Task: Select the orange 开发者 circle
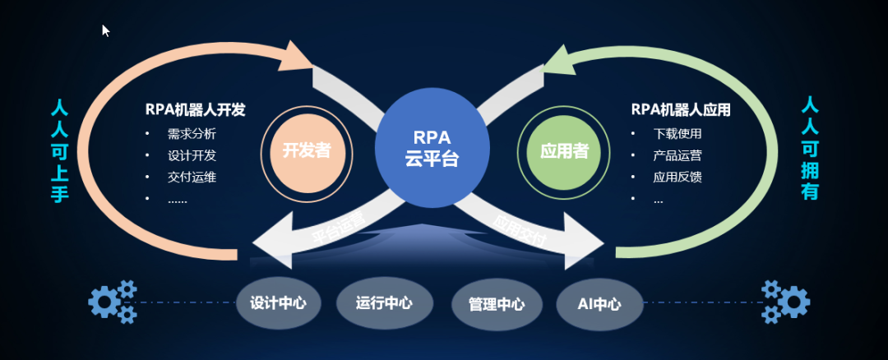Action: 307,150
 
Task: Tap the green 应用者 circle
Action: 563,151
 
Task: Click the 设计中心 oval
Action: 278,302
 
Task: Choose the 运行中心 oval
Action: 384,302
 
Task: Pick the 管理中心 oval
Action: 497,304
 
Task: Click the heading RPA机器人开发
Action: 195,109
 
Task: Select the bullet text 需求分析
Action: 192,133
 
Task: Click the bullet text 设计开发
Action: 192,155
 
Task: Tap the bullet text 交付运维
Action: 192,176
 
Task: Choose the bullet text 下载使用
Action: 678,133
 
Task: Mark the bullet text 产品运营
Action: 678,155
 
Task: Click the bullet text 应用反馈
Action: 678,176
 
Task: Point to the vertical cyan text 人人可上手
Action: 60,151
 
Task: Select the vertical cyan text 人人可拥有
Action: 810,149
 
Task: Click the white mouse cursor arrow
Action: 105,30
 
